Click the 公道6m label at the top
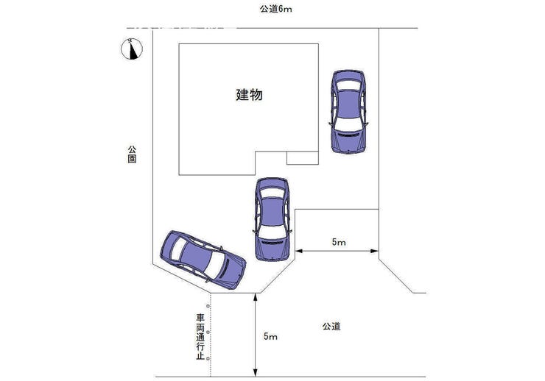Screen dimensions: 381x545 point(276,9)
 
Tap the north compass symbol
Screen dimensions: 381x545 point(133,49)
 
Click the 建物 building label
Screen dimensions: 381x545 point(250,94)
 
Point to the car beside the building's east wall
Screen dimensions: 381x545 point(348,110)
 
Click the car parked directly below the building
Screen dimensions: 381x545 point(272,218)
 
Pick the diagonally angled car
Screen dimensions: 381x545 point(203,259)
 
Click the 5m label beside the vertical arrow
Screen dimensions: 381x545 point(270,336)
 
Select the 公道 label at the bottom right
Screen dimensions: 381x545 point(331,326)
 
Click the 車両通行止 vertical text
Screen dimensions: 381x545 point(200,338)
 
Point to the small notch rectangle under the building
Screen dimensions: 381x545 point(302,157)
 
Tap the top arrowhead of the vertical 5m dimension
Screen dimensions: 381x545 point(255,296)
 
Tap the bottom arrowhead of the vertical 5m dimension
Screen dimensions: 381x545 point(255,372)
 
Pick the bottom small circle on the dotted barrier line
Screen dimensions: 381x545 point(209,358)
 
